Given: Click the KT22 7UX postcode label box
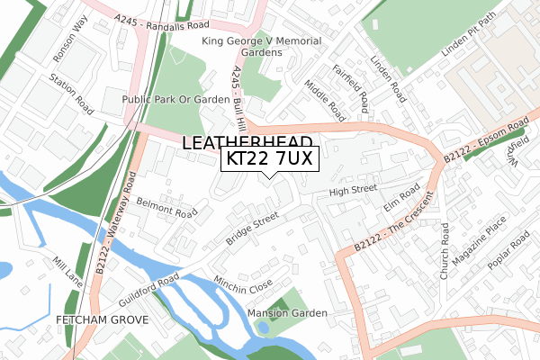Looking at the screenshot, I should [268, 159].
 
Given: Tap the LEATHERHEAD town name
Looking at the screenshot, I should [248, 142].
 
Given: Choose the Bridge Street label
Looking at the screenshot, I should [253, 229].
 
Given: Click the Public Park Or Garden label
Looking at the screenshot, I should [176, 99].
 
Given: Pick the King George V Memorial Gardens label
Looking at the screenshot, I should [255, 47].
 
